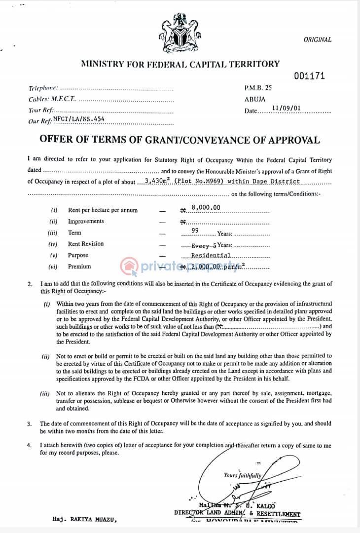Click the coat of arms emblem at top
[x=180, y=34]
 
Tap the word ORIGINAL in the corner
[x=318, y=40]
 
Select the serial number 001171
[x=309, y=76]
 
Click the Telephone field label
[x=43, y=88]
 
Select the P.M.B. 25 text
[x=257, y=88]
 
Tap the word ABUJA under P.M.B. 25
[x=255, y=99]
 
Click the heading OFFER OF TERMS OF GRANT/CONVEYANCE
[x=180, y=140]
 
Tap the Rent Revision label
[x=86, y=244]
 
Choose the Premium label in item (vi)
[x=79, y=266]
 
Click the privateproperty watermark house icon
[x=129, y=266]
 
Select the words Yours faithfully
[x=242, y=475]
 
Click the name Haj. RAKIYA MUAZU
[x=85, y=519]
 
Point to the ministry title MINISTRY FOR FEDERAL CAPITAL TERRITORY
[x=180, y=64]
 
